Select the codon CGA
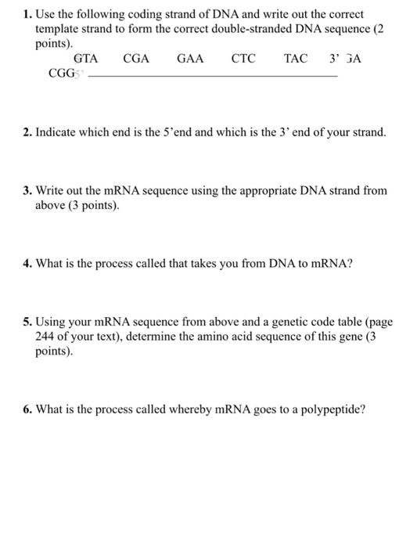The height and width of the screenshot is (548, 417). pyautogui.click(x=136, y=59)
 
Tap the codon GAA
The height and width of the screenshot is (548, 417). pyautogui.click(x=190, y=59)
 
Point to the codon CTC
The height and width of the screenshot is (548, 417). pyautogui.click(x=243, y=59)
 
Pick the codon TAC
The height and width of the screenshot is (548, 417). pyautogui.click(x=296, y=59)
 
